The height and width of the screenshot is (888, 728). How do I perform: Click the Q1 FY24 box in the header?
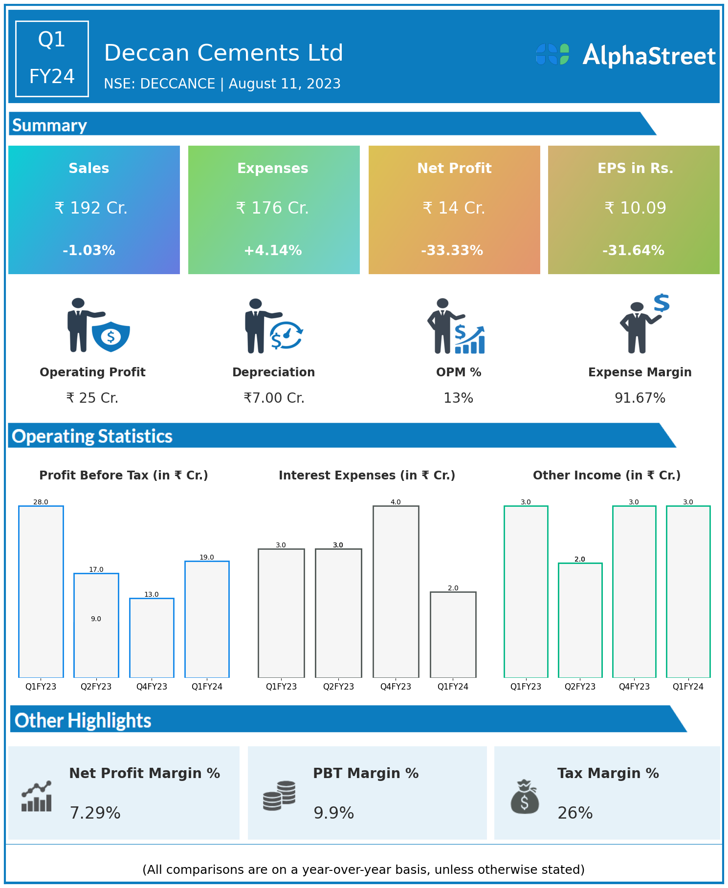[52, 59]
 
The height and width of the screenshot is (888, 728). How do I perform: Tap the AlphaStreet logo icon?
[552, 54]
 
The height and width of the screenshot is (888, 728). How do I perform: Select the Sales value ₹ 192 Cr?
[91, 208]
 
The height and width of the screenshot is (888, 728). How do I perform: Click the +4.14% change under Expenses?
[273, 250]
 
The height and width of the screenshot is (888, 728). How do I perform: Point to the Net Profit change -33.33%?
[452, 250]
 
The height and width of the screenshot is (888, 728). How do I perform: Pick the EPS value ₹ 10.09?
[635, 208]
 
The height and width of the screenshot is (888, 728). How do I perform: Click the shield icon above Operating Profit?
[111, 336]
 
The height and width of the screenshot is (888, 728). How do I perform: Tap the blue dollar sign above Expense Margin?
[662, 303]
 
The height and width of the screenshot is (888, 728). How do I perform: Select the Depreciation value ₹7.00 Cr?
[274, 398]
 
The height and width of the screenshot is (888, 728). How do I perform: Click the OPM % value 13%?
[458, 398]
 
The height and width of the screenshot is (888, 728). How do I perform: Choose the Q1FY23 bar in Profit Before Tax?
[41, 591]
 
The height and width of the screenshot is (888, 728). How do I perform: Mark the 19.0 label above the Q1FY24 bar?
[207, 557]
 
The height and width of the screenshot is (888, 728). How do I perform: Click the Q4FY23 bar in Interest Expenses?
[396, 591]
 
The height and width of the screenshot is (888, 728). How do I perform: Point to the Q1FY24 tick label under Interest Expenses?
[453, 687]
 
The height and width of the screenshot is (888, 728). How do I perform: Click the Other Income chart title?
[607, 475]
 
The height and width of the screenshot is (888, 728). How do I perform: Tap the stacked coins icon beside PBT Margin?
[279, 795]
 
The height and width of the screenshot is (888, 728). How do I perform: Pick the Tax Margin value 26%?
[575, 813]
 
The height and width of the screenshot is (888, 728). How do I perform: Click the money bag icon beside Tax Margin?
[525, 797]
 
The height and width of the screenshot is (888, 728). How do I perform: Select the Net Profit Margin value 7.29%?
[95, 813]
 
